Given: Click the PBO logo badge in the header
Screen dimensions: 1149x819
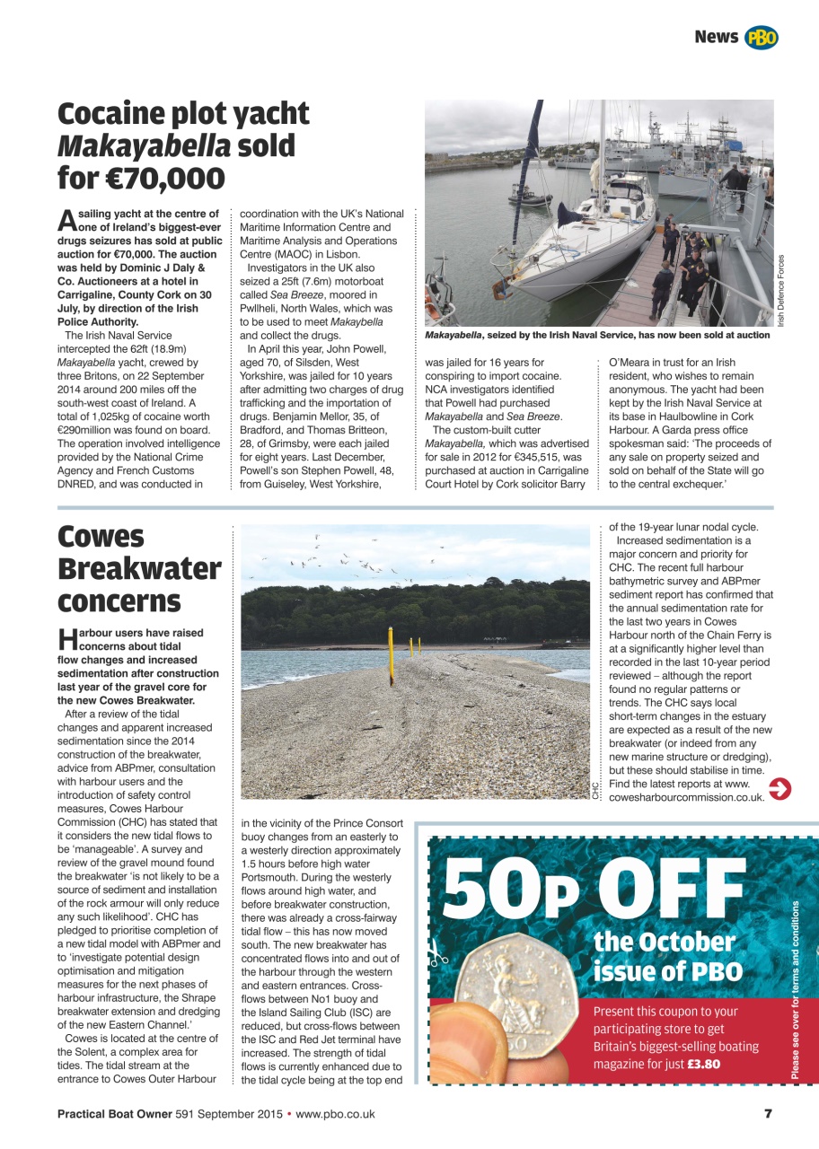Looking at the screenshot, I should tap(762, 37).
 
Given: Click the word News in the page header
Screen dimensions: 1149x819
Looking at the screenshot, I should tap(716, 37).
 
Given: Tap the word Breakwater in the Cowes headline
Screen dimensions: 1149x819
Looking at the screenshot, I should tap(139, 569).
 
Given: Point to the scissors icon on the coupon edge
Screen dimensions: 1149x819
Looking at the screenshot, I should tap(437, 952).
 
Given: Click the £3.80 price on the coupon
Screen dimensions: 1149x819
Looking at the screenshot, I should tap(703, 1065).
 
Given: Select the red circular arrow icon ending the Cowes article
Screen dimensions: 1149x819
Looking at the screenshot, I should tap(779, 789).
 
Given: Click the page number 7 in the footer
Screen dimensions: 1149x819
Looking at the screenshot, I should tap(768, 1114).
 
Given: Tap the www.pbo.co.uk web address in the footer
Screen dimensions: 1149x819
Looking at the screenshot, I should tap(335, 1114).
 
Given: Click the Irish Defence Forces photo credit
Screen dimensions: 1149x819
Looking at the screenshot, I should tap(780, 290).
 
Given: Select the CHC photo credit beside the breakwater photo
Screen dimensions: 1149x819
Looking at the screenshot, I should tap(595, 790).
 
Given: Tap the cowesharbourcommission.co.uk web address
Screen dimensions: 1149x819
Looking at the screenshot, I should tap(686, 796).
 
